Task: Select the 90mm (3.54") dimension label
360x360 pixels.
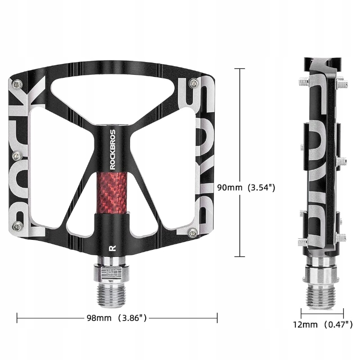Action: [x=246, y=187]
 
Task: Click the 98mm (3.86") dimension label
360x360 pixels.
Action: [x=117, y=318]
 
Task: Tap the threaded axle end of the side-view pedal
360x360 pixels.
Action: [x=321, y=294]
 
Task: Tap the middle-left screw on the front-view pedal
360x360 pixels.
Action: [x=17, y=156]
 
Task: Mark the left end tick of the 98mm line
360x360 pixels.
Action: [x=17, y=318]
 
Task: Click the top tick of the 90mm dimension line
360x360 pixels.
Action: [x=239, y=69]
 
